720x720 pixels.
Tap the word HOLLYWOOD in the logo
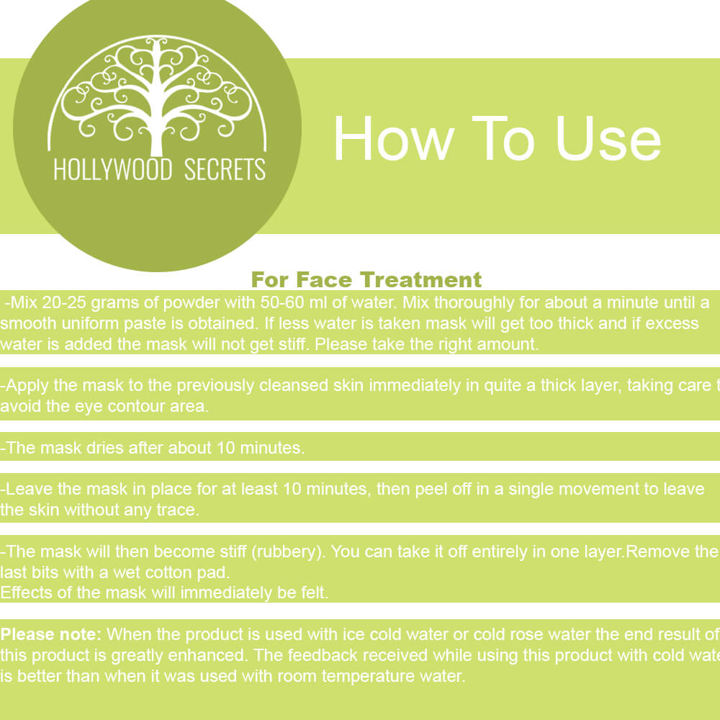[x=113, y=169]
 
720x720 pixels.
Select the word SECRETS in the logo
[x=225, y=169]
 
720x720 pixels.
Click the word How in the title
[x=393, y=139]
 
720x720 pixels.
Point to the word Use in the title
[x=608, y=139]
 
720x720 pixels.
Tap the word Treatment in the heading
[x=421, y=279]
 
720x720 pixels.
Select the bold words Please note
[x=51, y=634]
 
